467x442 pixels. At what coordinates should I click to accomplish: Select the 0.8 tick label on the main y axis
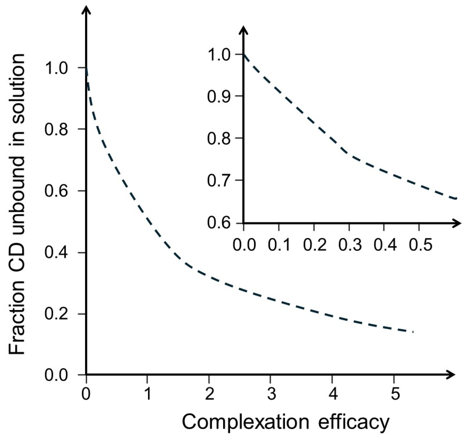point(56,129)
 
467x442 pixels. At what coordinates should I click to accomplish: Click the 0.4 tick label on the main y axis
point(56,253)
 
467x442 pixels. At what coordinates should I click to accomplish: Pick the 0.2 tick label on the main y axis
point(56,314)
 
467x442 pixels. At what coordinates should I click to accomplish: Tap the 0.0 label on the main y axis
point(56,375)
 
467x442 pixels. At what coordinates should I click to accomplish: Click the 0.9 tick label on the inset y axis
point(219,97)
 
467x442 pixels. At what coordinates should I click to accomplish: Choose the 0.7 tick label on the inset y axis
point(219,181)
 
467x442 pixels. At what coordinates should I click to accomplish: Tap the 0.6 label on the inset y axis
point(219,223)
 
